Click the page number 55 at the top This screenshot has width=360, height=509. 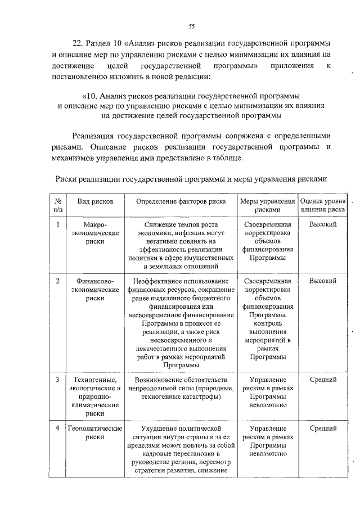191,26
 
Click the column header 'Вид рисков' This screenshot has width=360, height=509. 91,201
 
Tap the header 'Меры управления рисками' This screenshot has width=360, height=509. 267,205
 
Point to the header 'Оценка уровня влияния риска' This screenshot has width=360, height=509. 323,205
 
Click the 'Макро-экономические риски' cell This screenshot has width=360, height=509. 91,233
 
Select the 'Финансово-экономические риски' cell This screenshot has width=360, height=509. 91,290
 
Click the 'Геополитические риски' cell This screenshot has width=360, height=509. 91,433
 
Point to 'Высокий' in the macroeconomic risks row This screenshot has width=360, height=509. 323,224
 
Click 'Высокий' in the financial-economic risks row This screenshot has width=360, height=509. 323,281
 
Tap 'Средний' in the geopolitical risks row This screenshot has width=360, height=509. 323,429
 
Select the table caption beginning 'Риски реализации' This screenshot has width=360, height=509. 191,179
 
